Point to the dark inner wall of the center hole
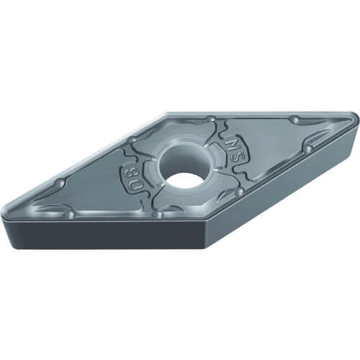point(181,160)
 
